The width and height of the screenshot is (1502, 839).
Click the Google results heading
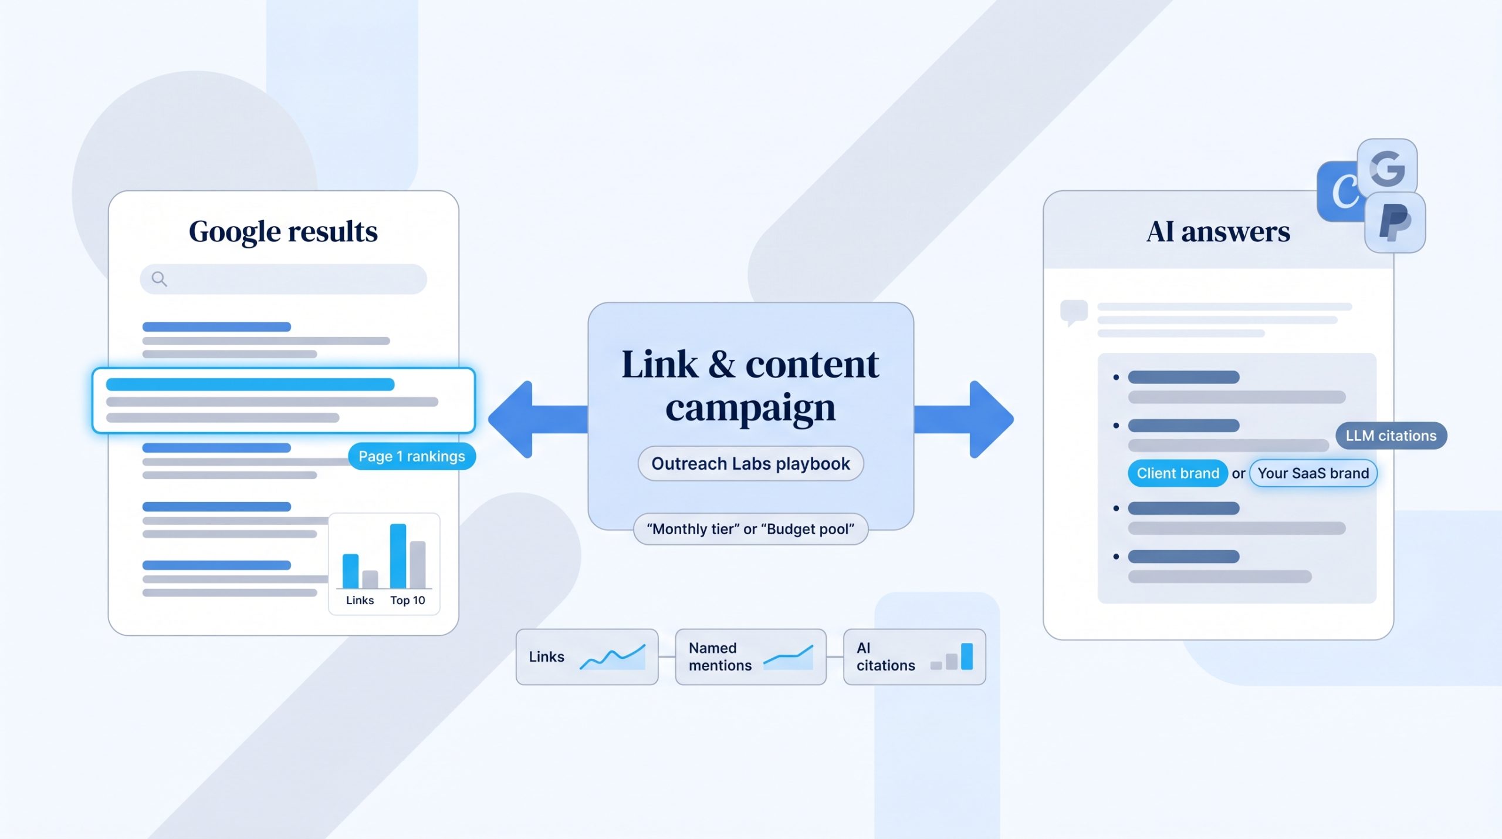click(283, 232)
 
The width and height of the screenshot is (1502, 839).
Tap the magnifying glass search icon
click(159, 279)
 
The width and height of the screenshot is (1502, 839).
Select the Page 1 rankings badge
click(412, 456)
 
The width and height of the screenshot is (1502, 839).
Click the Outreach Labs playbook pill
click(750, 464)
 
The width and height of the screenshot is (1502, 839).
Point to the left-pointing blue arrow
click(538, 419)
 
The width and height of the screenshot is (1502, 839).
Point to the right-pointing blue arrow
click(964, 419)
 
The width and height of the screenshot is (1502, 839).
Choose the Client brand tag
click(1178, 473)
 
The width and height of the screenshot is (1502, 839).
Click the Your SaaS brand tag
click(1313, 473)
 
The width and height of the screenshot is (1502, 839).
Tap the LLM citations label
click(1391, 436)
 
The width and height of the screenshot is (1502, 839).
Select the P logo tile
click(1395, 223)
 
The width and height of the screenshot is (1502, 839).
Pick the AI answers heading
click(1218, 232)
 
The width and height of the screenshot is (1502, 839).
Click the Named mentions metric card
click(750, 657)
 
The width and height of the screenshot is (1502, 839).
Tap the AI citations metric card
click(914, 657)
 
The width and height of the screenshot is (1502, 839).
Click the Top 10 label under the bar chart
click(408, 600)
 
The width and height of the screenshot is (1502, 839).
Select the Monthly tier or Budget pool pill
click(750, 529)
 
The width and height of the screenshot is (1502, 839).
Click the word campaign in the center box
click(750, 409)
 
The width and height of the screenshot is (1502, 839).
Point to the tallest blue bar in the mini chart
click(398, 556)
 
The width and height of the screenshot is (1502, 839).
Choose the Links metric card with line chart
click(587, 657)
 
